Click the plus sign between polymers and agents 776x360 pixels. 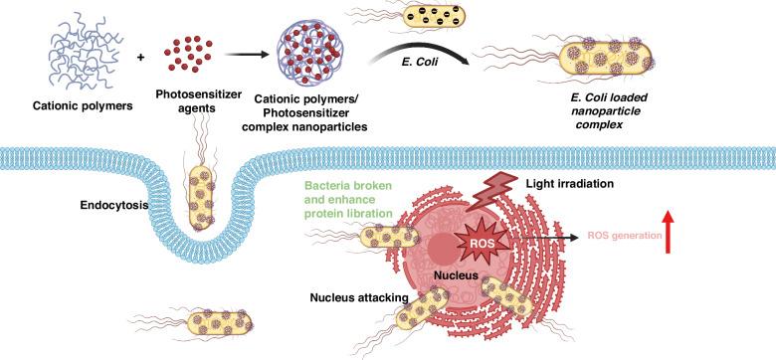coord(140,57)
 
